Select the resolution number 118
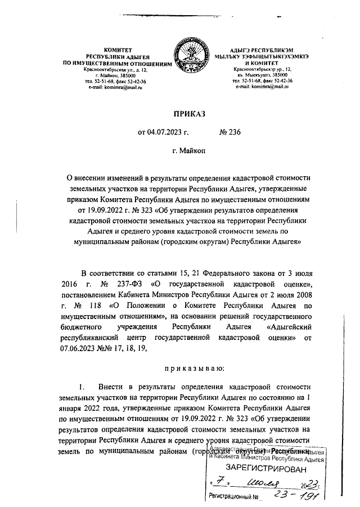point(89,307)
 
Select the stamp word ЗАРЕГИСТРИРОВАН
point(267,469)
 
